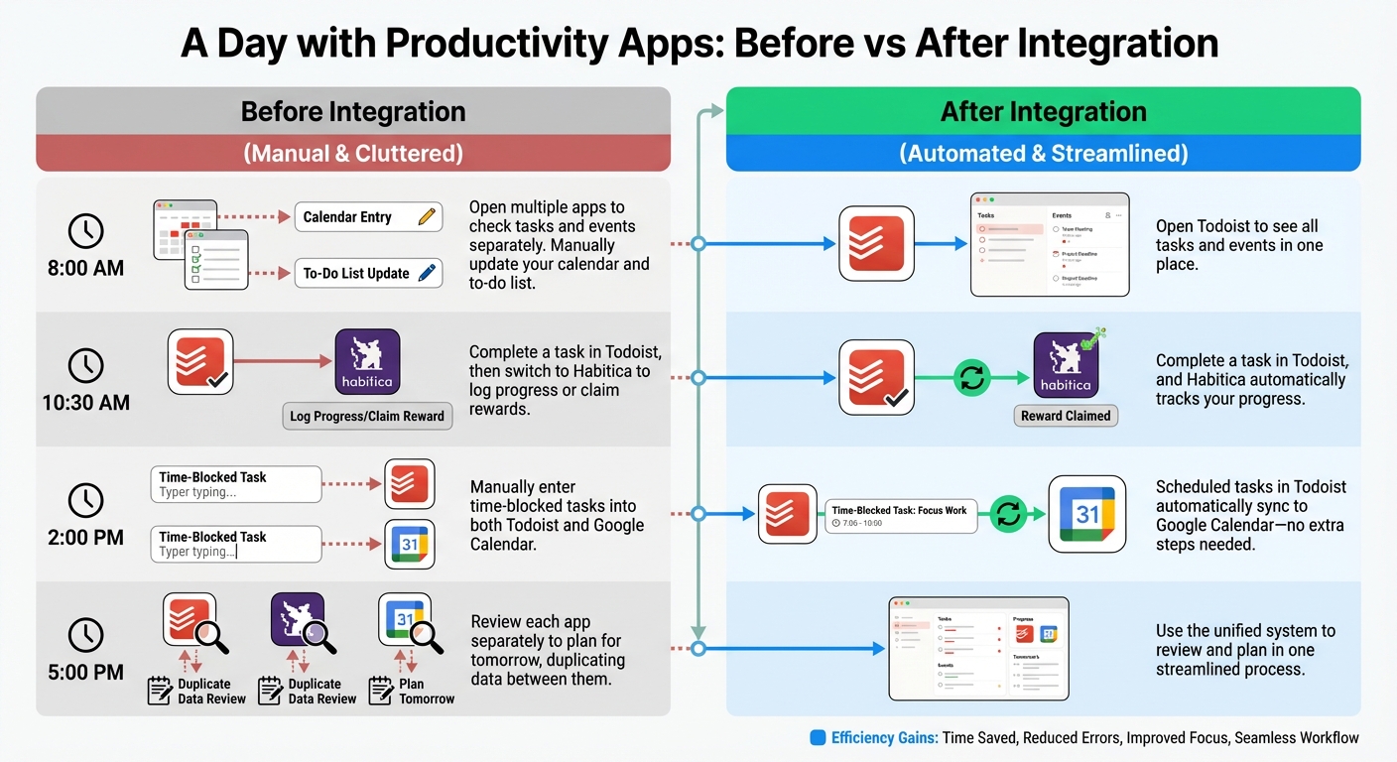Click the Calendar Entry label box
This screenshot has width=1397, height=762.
tap(368, 217)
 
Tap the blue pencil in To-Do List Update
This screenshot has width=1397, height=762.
tap(428, 273)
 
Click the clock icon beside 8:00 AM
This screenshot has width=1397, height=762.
tap(85, 231)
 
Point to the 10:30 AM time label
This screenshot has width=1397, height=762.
tap(85, 403)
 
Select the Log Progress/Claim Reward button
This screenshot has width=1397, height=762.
tap(367, 416)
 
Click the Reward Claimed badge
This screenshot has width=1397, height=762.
tap(1066, 416)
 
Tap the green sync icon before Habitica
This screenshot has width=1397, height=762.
tap(972, 378)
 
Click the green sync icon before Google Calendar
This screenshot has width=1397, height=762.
tap(1008, 513)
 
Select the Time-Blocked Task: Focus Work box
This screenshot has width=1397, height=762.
tap(901, 516)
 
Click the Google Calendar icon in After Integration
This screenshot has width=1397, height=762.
tap(1087, 513)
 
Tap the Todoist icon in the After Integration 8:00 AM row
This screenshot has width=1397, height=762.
tap(876, 243)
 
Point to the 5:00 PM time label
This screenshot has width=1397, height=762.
tap(85, 672)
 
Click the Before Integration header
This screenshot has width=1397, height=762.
tap(353, 111)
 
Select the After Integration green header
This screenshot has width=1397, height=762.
tap(1043, 111)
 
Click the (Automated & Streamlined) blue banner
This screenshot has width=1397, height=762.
tap(1043, 154)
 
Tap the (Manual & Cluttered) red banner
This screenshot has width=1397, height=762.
tap(353, 154)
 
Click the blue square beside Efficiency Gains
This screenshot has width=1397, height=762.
tap(818, 737)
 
